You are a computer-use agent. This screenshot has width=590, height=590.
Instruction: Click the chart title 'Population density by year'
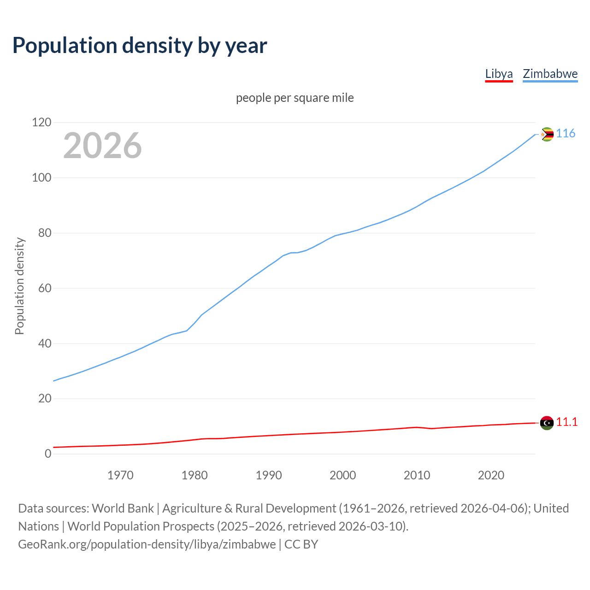click(140, 45)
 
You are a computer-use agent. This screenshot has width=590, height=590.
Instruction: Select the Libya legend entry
click(499, 74)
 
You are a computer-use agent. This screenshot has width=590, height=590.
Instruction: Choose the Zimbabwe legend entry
click(550, 74)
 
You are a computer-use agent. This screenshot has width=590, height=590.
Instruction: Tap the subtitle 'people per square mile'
click(295, 98)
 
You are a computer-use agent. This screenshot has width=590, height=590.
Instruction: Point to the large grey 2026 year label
click(102, 146)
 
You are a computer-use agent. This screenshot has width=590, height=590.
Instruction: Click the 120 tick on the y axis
click(41, 123)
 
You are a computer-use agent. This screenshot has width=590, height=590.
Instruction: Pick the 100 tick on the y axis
click(41, 178)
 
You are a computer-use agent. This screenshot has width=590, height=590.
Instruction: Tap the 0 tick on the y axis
click(48, 454)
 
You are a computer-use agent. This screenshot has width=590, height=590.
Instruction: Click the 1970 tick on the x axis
click(120, 475)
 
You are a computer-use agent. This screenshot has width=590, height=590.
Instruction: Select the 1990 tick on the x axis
click(269, 475)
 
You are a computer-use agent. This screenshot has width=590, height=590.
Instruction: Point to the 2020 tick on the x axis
click(491, 475)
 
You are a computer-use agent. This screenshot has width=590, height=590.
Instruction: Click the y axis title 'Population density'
click(19, 286)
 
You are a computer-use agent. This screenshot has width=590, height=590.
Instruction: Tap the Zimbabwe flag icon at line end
click(547, 134)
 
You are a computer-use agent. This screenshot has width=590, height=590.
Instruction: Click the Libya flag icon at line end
click(547, 423)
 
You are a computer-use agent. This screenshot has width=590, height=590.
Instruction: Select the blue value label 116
click(566, 134)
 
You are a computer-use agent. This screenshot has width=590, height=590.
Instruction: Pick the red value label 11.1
click(566, 422)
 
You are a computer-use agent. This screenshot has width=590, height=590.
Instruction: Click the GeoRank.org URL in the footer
click(147, 544)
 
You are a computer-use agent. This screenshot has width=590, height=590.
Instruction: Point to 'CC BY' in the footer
click(301, 544)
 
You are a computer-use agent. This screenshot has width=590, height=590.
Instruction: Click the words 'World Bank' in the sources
click(123, 508)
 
